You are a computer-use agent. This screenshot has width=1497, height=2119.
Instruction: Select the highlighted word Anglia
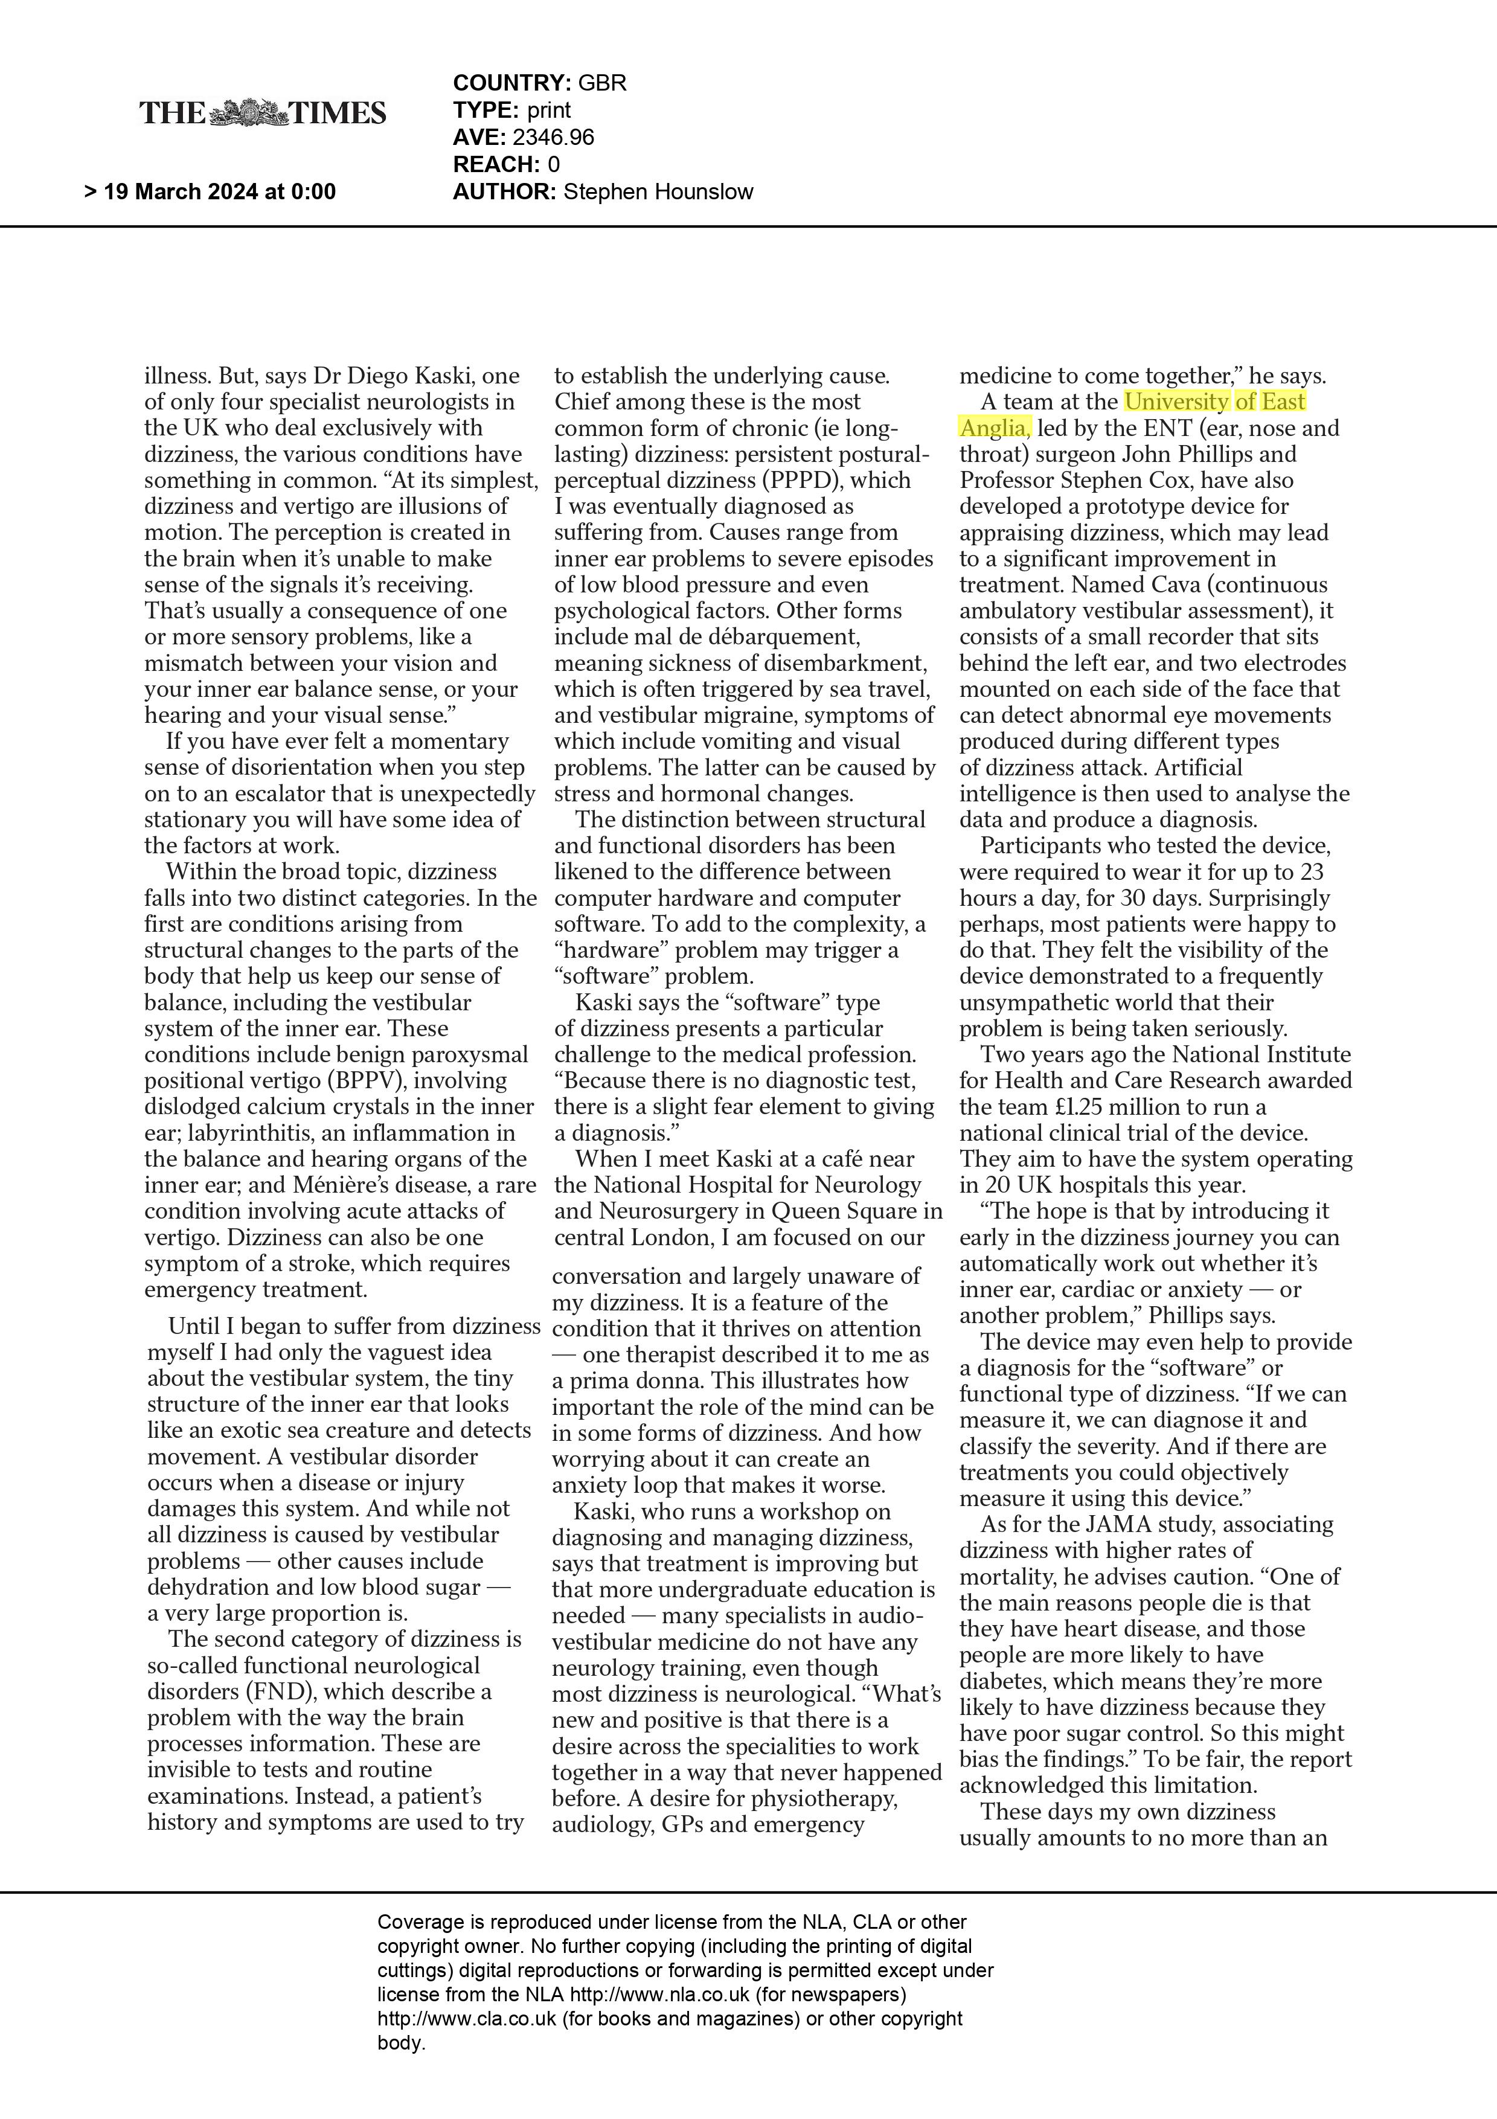994,428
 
